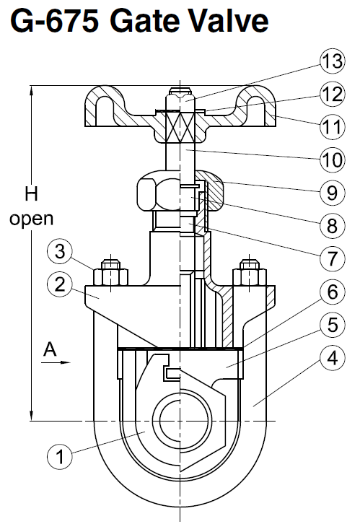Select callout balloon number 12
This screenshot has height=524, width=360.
click(x=331, y=95)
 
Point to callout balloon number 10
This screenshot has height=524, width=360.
click(x=331, y=157)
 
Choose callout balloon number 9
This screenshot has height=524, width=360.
click(x=331, y=193)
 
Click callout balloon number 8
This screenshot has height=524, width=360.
click(x=331, y=226)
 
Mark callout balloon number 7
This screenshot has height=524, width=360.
click(x=331, y=258)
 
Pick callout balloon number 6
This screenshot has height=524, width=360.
click(x=331, y=292)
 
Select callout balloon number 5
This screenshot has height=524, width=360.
click(x=331, y=325)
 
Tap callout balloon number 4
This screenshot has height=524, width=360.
click(x=331, y=357)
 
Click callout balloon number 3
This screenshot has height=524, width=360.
click(x=62, y=253)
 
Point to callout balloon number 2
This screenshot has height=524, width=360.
click(x=62, y=283)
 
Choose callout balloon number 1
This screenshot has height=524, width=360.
click(x=62, y=455)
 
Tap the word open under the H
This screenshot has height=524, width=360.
click(x=31, y=217)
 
